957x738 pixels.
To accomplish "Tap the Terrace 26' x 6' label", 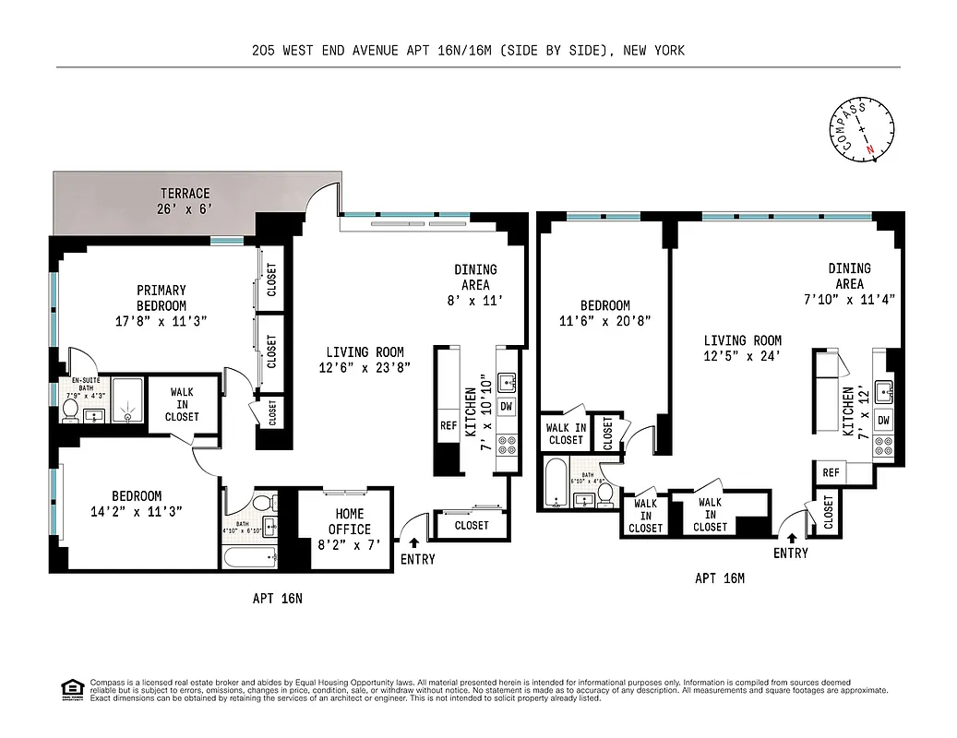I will (x=185, y=201).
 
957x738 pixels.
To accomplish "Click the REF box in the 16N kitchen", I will (x=449, y=426).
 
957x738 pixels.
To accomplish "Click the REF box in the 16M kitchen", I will (x=830, y=472).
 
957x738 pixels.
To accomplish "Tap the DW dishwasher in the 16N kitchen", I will (x=507, y=406).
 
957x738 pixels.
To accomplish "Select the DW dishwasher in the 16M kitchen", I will (x=883, y=421).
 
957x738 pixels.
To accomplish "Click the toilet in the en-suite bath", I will (x=70, y=410).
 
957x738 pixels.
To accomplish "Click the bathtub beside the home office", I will (x=250, y=557).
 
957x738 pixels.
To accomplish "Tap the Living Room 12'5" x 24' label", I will (x=742, y=348).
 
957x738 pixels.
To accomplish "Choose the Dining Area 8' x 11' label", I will (x=475, y=284).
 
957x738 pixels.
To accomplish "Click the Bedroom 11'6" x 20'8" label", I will (x=604, y=314).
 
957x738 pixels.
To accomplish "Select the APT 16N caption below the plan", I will (x=278, y=598).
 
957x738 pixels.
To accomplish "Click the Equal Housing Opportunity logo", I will (x=71, y=688).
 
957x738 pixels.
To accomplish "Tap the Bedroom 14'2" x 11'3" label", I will (x=137, y=503).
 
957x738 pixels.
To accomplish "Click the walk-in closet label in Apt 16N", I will (x=182, y=404).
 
